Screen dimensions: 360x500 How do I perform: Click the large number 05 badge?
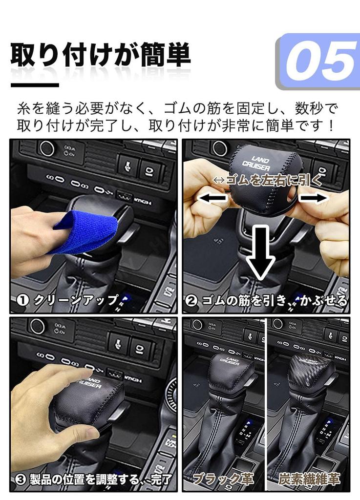click(x=318, y=62)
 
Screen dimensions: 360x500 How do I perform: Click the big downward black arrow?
click(x=261, y=252)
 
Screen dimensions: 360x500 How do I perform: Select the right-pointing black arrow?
click(x=314, y=198)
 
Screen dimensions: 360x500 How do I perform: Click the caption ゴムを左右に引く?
click(x=268, y=181)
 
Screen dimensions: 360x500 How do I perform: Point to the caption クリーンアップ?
click(x=76, y=300)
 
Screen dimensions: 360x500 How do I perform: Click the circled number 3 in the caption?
click(x=21, y=479)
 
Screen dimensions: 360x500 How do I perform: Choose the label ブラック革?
click(x=224, y=479)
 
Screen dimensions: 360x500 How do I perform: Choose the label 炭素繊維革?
click(x=309, y=479)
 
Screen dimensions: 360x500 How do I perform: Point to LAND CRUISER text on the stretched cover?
click(x=256, y=163)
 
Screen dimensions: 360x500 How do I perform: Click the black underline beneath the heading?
click(x=35, y=85)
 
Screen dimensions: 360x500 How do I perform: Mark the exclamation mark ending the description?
click(x=332, y=125)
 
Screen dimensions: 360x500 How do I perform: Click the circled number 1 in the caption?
click(x=22, y=300)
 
